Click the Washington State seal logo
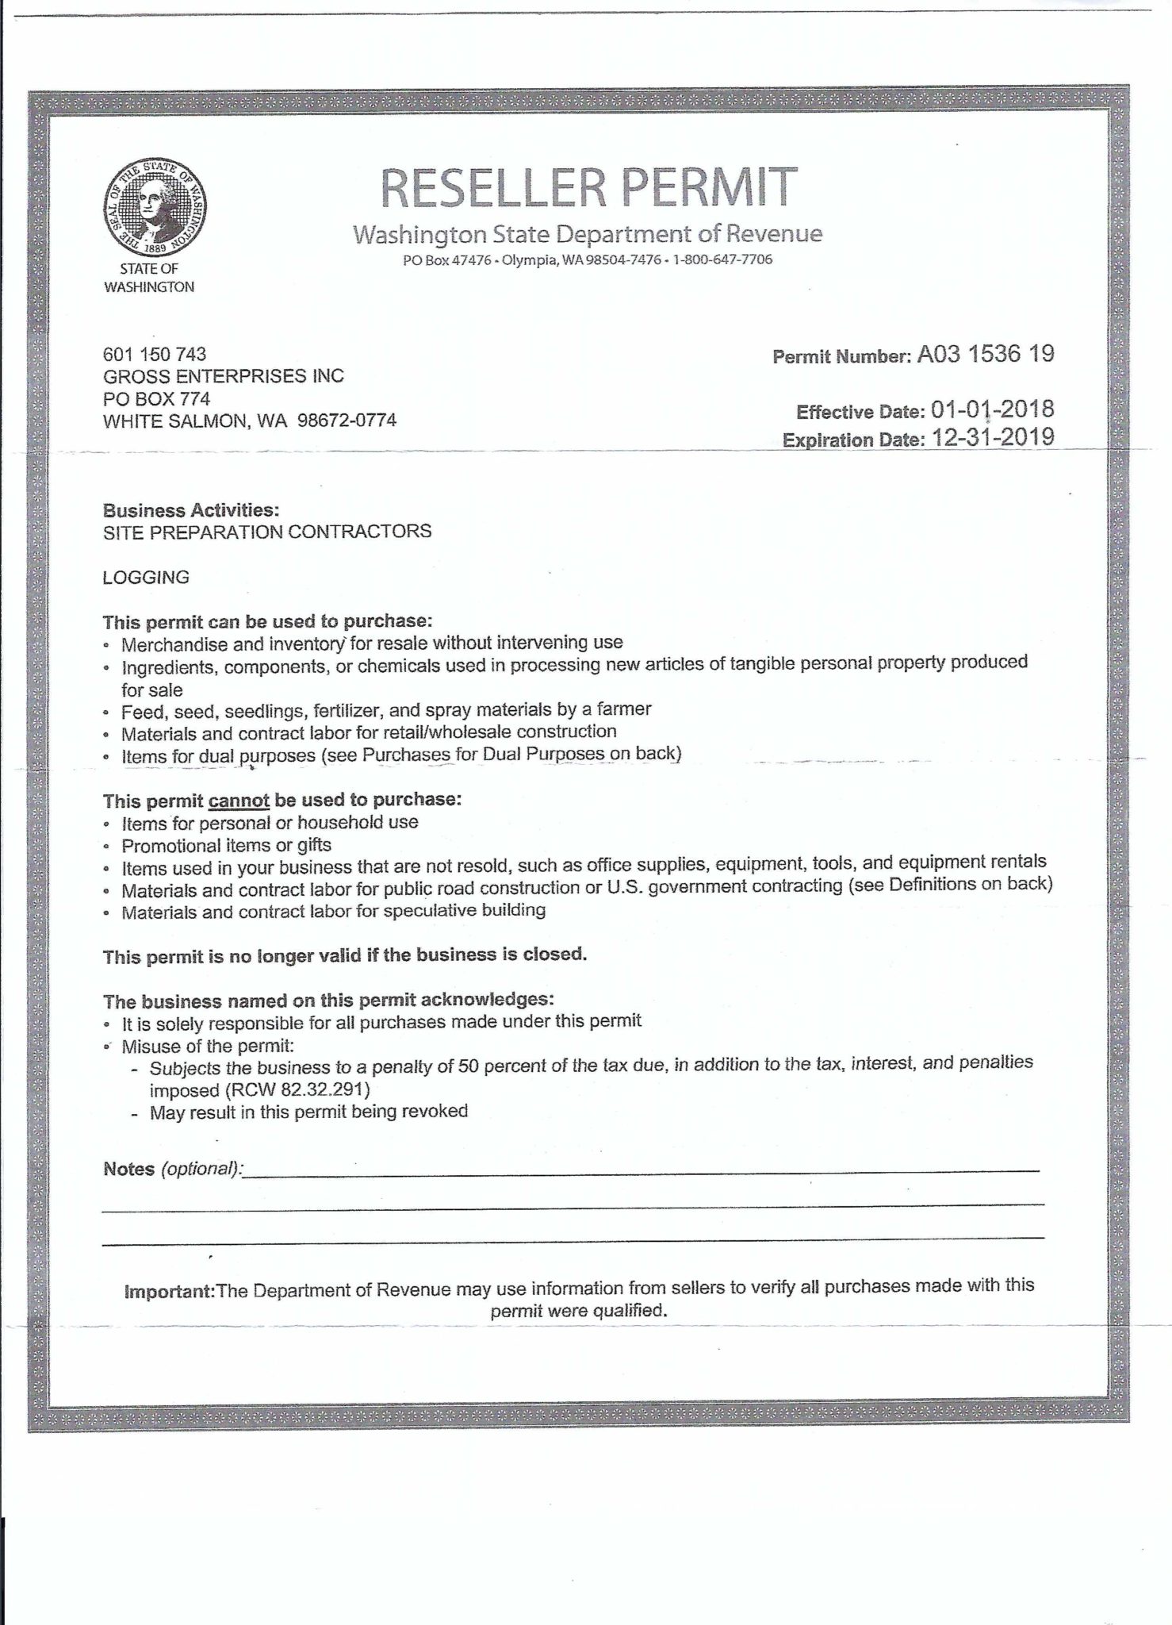pos(155,207)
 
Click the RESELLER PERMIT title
pos(588,187)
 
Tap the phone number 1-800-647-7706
pos(722,259)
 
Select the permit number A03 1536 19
pos(986,354)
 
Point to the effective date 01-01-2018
pos(992,409)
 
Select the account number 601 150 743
pos(155,354)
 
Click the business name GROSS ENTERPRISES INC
pos(224,376)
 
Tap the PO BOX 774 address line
pos(156,398)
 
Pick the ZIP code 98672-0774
pos(347,421)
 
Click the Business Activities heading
pos(191,509)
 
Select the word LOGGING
pos(146,577)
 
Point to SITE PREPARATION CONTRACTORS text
pos(267,531)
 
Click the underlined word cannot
pos(239,801)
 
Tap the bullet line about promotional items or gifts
pos(226,845)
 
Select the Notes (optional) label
pos(172,1169)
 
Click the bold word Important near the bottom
pos(170,1292)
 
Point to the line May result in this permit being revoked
pos(308,1112)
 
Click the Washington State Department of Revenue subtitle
pos(588,234)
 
